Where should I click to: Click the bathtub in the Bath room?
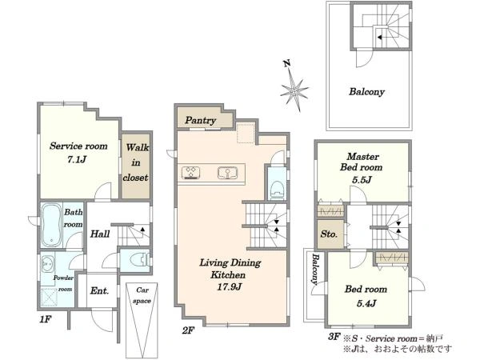tap(51, 225)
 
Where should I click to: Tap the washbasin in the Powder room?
tap(47, 263)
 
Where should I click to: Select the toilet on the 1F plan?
tap(139, 261)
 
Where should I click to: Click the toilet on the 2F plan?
tap(278, 190)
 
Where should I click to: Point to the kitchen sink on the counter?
tap(227, 174)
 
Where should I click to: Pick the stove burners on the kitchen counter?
tap(190, 173)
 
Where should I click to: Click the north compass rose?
tap(294, 87)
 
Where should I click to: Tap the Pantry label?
tap(201, 120)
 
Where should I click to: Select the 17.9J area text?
tap(229, 287)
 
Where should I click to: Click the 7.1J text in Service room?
tap(77, 159)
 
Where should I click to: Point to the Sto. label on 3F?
tap(329, 234)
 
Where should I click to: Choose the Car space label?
tap(142, 295)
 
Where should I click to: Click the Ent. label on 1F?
tap(99, 290)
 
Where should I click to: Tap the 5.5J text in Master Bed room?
tap(362, 180)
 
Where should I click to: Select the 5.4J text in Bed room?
tap(366, 303)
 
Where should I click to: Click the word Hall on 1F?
tap(100, 234)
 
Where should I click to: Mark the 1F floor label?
tap(45, 319)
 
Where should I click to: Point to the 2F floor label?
tap(188, 330)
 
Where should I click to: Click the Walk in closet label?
tap(136, 162)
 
